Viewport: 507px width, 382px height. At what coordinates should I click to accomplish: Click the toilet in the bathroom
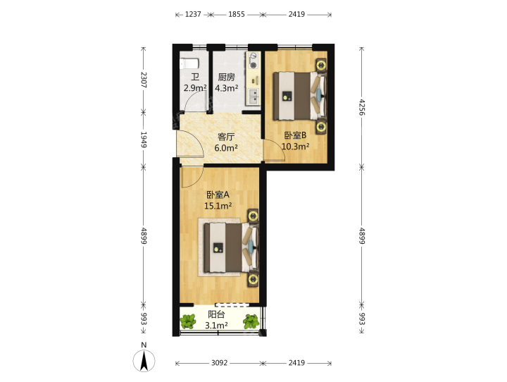point(188,63)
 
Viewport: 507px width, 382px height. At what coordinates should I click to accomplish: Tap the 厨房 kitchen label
point(226,77)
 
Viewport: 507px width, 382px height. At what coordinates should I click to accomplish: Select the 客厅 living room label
point(226,137)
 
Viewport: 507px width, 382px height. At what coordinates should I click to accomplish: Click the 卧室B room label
point(295,135)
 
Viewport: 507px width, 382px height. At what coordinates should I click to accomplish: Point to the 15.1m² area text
point(218,206)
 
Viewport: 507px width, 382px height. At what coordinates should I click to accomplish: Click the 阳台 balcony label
point(216,314)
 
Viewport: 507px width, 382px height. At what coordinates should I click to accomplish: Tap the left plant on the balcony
point(188,321)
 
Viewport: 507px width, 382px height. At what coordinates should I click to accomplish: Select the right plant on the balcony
point(251,321)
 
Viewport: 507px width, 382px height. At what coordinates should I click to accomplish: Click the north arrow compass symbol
point(144,360)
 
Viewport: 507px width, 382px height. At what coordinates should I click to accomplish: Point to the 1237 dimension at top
point(193,14)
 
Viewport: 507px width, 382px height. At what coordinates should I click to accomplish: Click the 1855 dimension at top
point(237,14)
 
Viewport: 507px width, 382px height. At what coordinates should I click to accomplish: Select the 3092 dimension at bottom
point(220,363)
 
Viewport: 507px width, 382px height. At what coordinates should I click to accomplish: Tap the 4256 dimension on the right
point(362,107)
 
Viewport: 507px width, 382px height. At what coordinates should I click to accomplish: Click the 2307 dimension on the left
point(144,80)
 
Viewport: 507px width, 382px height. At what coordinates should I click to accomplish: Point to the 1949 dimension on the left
point(144,140)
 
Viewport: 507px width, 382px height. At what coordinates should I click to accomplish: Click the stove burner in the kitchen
point(254,65)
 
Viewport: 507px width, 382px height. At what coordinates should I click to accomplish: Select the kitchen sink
point(254,96)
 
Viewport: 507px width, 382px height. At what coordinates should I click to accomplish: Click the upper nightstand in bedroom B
point(321,64)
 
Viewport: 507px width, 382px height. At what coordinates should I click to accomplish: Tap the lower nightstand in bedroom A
point(254,280)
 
